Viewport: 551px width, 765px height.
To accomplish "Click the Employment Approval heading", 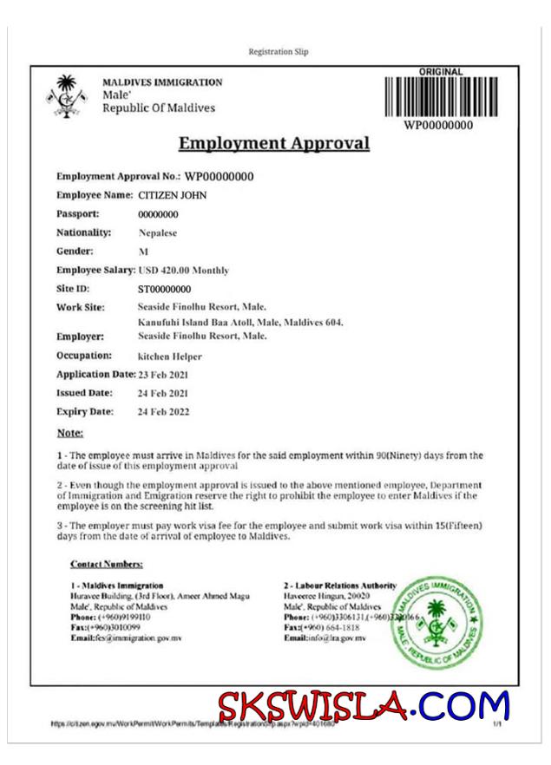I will click(x=274, y=144).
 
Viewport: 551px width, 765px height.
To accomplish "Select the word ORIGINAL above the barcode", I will click(x=441, y=71).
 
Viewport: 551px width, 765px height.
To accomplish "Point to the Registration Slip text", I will click(x=278, y=52).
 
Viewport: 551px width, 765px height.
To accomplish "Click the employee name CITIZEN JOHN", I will click(x=173, y=195).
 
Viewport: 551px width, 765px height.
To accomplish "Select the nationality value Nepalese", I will click(x=160, y=232).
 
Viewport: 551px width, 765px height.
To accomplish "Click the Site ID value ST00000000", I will click(x=164, y=289).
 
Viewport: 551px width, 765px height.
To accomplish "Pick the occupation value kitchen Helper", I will click(x=170, y=356).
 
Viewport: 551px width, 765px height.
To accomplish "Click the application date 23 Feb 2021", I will click(x=163, y=375).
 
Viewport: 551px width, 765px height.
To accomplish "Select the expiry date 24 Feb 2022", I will click(x=163, y=412).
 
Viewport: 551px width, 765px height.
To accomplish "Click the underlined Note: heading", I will click(x=70, y=432).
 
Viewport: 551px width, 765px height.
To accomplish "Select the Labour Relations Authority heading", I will click(x=340, y=585).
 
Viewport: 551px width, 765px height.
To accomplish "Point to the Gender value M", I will click(x=143, y=252).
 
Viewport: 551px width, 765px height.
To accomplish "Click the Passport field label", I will click(x=78, y=213).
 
